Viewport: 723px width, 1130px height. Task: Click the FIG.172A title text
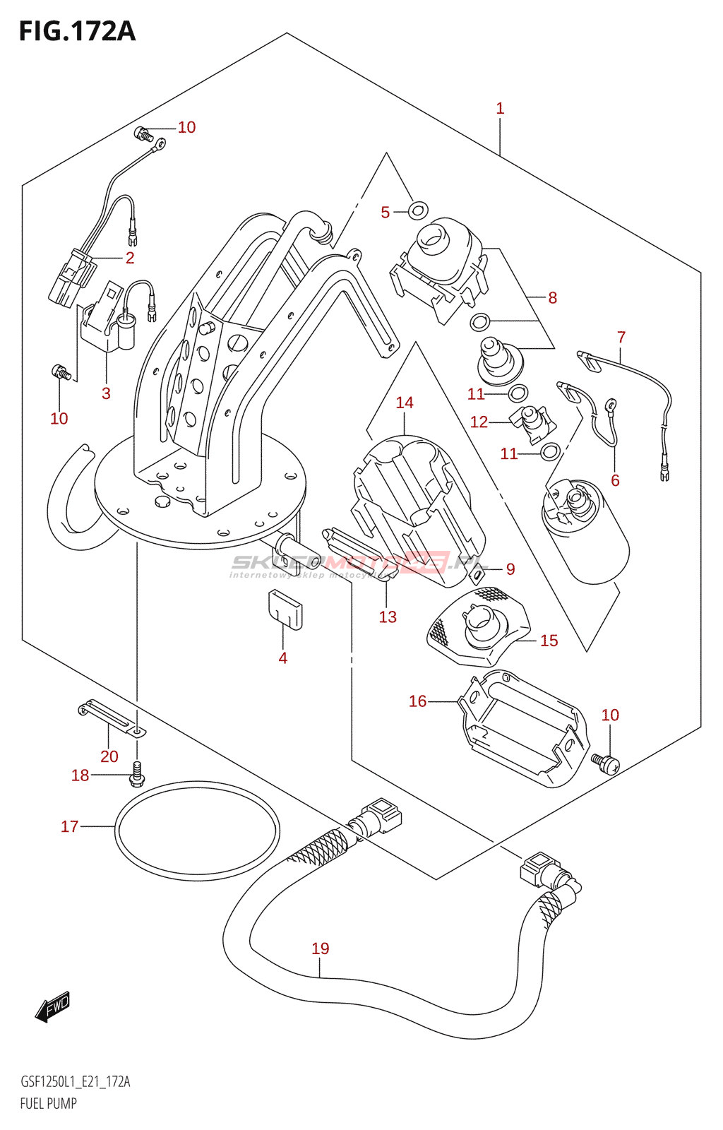point(76,32)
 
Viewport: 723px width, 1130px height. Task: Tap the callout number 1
point(500,109)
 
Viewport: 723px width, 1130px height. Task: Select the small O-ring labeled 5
point(418,209)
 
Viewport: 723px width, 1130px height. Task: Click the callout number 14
point(405,403)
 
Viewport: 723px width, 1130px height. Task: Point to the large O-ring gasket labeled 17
point(196,831)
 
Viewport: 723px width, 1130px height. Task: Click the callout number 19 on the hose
point(321,948)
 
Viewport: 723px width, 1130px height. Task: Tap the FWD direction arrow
point(53,1006)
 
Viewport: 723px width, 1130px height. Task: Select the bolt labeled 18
point(137,775)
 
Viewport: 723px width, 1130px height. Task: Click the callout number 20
point(109,756)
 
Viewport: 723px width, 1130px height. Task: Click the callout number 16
point(418,701)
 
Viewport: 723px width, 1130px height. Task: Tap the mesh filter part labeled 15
point(480,626)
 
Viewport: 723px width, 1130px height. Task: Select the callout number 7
point(621,337)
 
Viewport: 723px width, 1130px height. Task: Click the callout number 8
point(553,298)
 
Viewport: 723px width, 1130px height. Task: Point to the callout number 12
point(479,422)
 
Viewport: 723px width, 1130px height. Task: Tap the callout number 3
point(106,393)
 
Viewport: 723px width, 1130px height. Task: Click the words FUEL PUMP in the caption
point(48,1103)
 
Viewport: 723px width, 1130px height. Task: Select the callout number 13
point(388,617)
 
